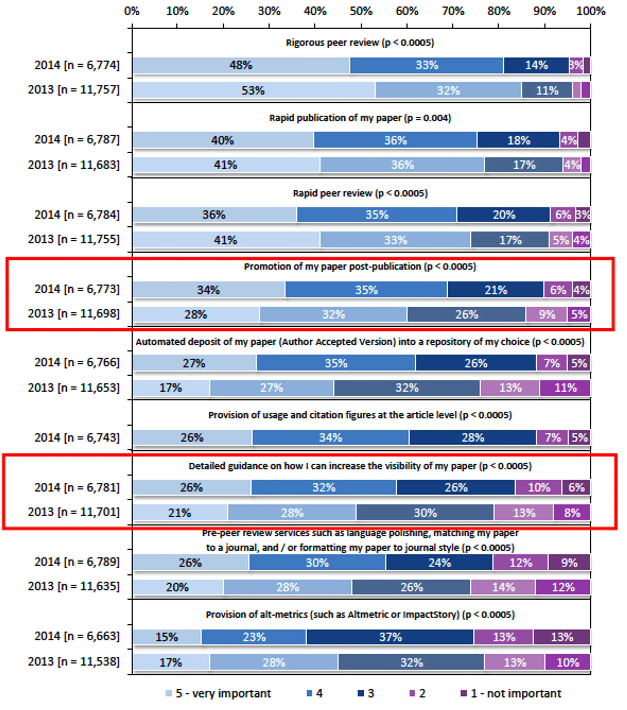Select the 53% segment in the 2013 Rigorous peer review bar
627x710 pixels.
click(253, 90)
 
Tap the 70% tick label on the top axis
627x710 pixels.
click(453, 11)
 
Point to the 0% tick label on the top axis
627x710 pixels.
click(132, 11)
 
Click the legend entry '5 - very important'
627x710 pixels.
click(223, 693)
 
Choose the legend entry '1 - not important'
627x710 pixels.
click(516, 693)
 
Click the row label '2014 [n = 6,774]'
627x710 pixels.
click(77, 65)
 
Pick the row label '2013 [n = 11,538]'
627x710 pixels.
click(74, 661)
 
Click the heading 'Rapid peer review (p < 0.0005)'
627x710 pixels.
click(360, 193)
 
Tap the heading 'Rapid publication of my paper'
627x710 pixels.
click(360, 118)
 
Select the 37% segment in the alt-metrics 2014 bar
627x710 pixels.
click(390, 637)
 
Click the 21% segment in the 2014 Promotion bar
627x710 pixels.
click(495, 290)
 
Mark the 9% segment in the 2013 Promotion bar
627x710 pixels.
click(546, 314)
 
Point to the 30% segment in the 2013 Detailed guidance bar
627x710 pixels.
click(425, 513)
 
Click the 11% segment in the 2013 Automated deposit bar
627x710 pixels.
click(565, 388)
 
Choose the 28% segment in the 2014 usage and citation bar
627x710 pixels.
click(472, 437)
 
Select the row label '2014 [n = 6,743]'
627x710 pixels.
click(77, 437)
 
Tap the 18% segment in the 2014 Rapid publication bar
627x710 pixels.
click(518, 140)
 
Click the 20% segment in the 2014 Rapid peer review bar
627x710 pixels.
click(503, 215)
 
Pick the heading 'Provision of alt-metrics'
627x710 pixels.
click(360, 614)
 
